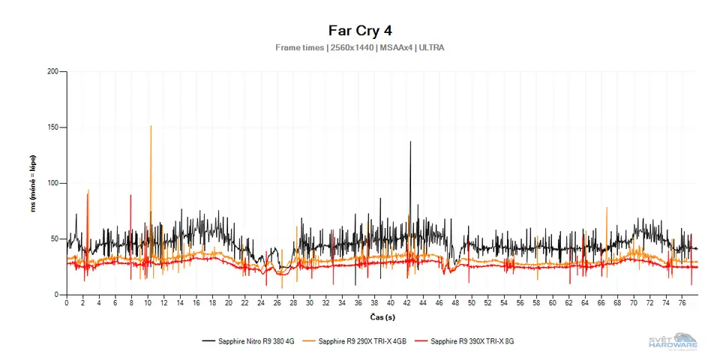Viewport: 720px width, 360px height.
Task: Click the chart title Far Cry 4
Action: pos(360,31)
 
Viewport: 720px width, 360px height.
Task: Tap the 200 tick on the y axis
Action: pos(52,72)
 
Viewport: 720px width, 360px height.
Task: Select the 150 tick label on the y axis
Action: pos(52,127)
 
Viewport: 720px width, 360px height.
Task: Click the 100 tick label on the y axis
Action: pos(52,184)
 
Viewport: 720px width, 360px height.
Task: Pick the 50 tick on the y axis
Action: pos(55,239)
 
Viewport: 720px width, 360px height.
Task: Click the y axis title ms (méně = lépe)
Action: pos(34,184)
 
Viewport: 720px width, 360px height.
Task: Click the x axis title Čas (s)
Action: pos(382,317)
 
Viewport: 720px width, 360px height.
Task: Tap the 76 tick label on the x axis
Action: pos(681,303)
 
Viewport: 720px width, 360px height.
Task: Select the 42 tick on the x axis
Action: pos(406,303)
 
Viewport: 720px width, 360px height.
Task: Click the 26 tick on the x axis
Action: pos(277,303)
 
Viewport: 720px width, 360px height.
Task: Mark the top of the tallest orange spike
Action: pos(151,126)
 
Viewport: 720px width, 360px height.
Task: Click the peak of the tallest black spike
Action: pos(410,142)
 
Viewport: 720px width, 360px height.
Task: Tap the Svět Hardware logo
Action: pos(673,340)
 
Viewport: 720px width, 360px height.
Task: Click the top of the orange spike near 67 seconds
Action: pos(607,208)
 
